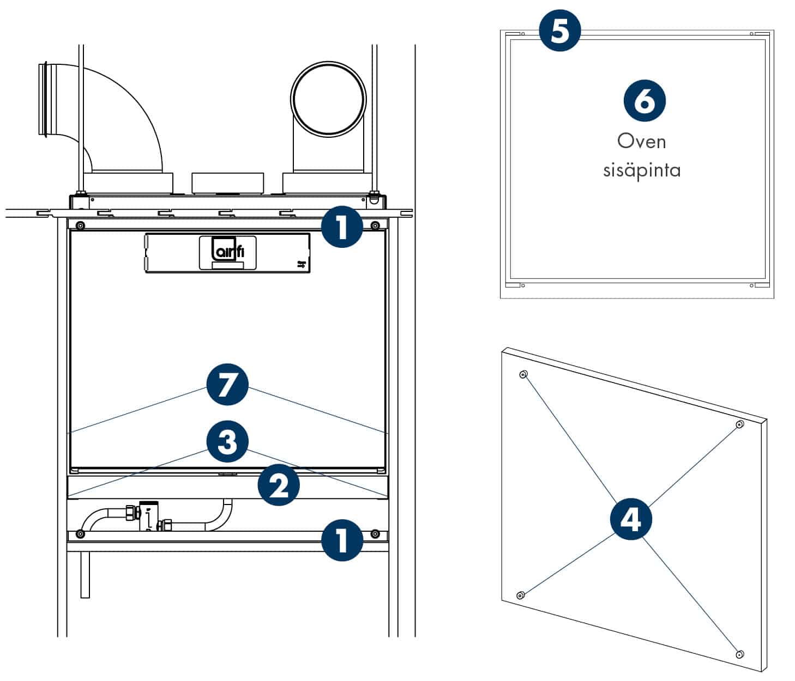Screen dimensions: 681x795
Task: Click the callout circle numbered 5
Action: click(559, 31)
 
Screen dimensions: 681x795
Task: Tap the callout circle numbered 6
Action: click(645, 100)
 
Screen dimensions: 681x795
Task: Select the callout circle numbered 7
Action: click(227, 385)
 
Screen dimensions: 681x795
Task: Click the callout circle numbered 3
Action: click(227, 442)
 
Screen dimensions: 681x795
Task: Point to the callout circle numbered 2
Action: click(279, 485)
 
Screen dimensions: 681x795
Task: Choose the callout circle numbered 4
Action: click(631, 520)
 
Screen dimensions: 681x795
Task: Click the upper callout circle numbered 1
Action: click(342, 227)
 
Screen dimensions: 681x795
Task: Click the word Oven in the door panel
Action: click(641, 142)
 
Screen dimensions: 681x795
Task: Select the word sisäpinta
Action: click(641, 170)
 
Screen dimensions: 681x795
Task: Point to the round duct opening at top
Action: click(328, 99)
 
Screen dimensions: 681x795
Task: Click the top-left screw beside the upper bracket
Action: click(80, 226)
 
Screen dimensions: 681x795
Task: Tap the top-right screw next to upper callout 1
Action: click(375, 226)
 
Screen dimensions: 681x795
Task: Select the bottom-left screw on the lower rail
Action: click(80, 534)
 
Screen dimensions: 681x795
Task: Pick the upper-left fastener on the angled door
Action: click(523, 374)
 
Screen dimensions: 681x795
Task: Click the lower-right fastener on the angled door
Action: click(740, 654)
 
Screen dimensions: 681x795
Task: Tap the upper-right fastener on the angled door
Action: click(740, 424)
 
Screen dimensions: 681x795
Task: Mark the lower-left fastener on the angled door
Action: click(520, 595)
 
